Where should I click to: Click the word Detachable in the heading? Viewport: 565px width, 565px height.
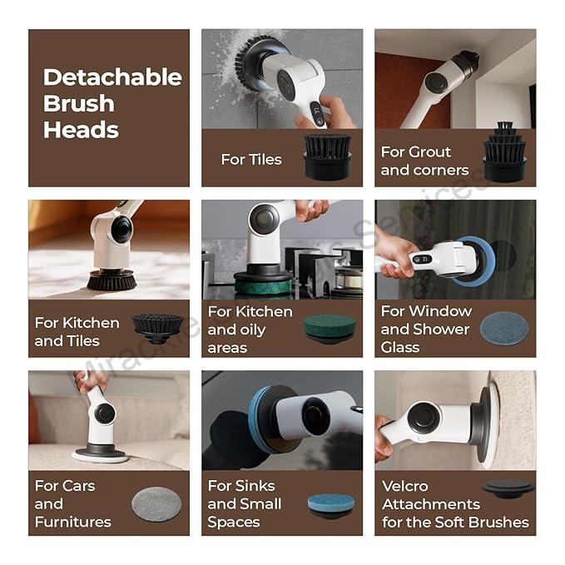pyautogui.click(x=112, y=77)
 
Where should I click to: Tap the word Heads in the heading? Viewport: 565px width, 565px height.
pyautogui.click(x=81, y=130)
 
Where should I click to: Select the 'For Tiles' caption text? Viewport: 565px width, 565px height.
pyautogui.click(x=251, y=159)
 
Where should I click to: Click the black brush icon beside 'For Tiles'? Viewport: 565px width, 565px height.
pyautogui.click(x=328, y=156)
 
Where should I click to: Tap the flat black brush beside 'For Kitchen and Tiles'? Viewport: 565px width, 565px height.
pyautogui.click(x=157, y=328)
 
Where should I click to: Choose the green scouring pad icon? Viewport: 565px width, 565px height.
pyautogui.click(x=329, y=327)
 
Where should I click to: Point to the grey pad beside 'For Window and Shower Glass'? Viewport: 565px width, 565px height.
pyautogui.click(x=503, y=328)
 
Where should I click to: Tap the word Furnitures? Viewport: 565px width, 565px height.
pyautogui.click(x=72, y=522)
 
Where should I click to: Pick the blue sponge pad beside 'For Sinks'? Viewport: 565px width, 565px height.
pyautogui.click(x=329, y=503)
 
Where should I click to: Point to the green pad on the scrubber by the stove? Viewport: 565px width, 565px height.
pyautogui.click(x=262, y=285)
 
